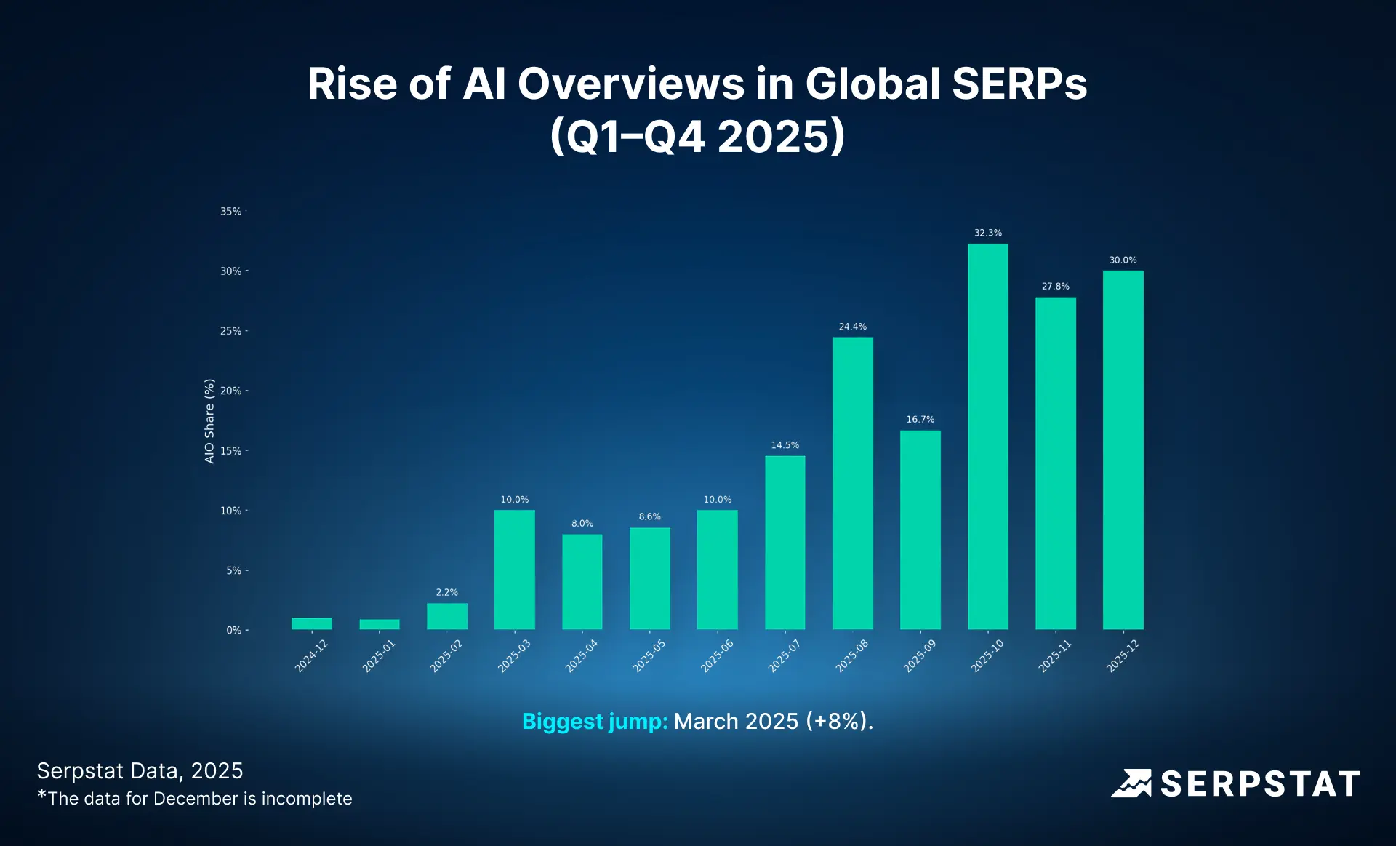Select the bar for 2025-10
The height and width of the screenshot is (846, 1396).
click(x=987, y=436)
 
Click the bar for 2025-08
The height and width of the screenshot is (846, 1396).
click(x=852, y=484)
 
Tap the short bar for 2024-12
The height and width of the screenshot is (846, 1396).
click(x=311, y=623)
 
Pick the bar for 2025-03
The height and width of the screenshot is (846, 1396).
click(x=514, y=570)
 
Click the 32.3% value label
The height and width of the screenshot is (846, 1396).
click(x=987, y=233)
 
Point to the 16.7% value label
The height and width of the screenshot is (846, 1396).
click(x=920, y=420)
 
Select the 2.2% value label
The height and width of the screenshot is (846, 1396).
click(x=446, y=592)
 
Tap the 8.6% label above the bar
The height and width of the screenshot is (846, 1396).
click(x=649, y=516)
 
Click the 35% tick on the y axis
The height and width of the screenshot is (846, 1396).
click(x=231, y=212)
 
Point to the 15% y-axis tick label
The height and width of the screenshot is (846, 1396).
click(x=231, y=451)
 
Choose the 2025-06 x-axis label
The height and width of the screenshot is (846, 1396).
click(x=717, y=656)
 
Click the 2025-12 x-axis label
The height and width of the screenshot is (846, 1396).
click(x=1123, y=656)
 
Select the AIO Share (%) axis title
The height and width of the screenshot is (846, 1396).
click(x=209, y=421)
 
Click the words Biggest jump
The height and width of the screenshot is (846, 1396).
click(x=594, y=721)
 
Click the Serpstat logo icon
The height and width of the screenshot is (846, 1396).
click(x=1131, y=783)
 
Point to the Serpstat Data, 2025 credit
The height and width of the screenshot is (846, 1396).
click(x=140, y=771)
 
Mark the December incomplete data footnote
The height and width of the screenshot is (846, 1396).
click(x=195, y=799)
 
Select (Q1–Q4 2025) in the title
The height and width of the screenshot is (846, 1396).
click(x=697, y=136)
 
